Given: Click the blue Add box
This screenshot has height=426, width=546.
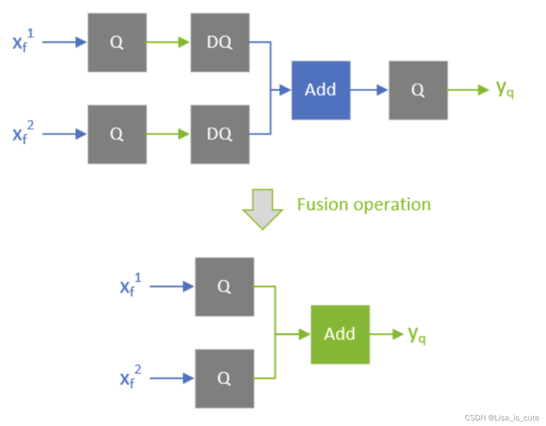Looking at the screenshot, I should (x=321, y=90).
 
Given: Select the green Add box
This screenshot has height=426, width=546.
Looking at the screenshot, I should (x=340, y=334).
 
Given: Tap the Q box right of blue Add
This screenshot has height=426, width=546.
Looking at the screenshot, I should (x=418, y=90).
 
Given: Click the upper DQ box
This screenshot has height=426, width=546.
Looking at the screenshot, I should (x=220, y=42).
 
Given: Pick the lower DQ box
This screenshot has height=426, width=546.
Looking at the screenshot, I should (x=220, y=134).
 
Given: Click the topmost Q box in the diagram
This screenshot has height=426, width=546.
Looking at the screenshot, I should (x=117, y=42).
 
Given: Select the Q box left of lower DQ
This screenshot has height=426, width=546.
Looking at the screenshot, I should (x=117, y=134).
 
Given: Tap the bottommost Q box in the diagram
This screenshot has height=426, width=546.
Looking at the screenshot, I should (x=224, y=378).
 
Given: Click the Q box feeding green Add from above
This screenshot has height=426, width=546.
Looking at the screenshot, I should (x=224, y=286).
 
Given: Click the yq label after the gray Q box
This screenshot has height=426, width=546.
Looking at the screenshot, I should (x=505, y=90).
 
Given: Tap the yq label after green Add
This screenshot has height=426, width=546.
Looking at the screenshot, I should (x=417, y=335).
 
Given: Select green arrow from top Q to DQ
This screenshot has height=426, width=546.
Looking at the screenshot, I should (x=168, y=42).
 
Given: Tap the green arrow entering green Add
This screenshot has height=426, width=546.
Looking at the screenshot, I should (x=294, y=334).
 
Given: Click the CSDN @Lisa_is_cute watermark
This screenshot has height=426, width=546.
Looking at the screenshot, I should (x=501, y=418).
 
